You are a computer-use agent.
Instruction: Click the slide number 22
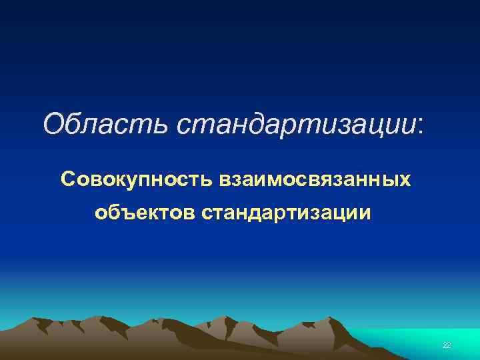click(447, 345)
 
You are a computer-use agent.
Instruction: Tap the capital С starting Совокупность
click(67, 179)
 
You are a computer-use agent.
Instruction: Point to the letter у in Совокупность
click(129, 181)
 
